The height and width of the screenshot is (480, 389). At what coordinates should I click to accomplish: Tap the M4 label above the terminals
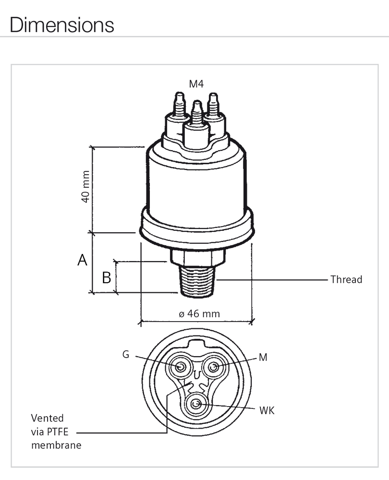[196, 84]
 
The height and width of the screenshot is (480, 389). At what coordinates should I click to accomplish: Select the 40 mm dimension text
[85, 189]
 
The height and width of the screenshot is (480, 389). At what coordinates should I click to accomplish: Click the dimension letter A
[83, 261]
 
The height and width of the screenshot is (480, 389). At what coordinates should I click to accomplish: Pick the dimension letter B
[107, 277]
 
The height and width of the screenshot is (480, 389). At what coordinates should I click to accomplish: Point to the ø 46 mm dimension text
[199, 313]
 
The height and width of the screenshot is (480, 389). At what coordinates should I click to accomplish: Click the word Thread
[346, 279]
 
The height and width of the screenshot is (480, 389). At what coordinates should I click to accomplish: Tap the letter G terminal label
[126, 355]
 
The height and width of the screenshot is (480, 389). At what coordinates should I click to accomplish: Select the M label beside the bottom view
[263, 357]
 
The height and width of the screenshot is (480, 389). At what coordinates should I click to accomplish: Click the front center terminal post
[196, 120]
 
